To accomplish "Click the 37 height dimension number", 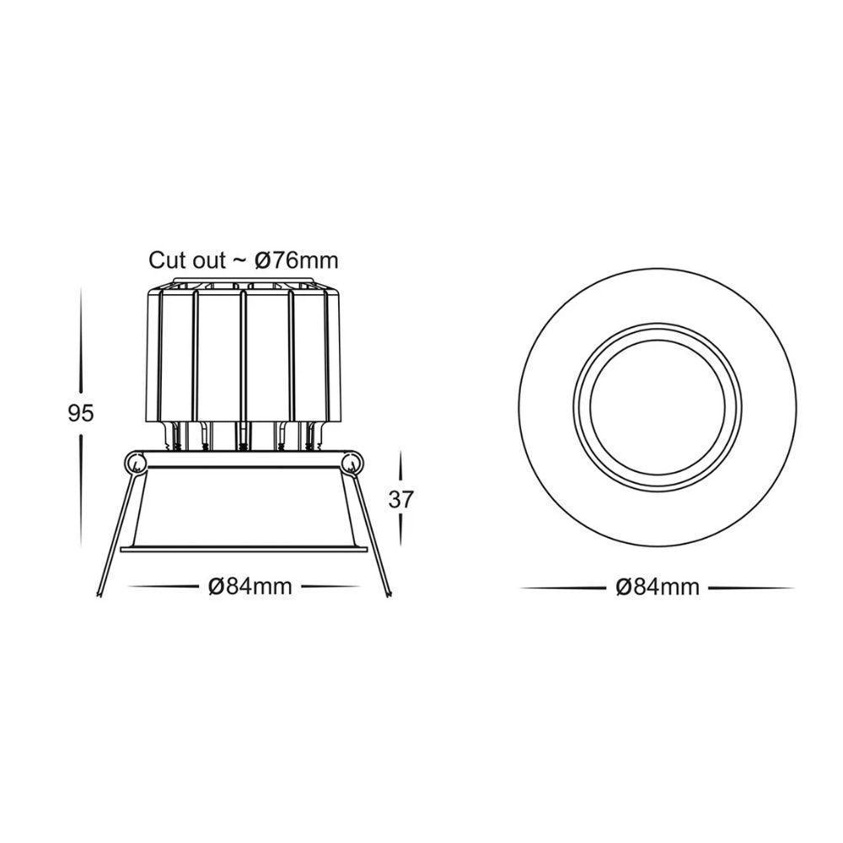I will (x=401, y=499).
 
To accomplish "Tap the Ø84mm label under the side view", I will (x=250, y=586).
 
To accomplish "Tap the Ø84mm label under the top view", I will (x=658, y=587).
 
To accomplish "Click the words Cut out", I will (x=187, y=260).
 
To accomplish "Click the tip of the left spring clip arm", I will (x=99, y=595).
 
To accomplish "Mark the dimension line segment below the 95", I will (x=82, y=489).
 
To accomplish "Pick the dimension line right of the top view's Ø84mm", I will (x=750, y=588).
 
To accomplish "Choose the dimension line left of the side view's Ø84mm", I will (x=164, y=586).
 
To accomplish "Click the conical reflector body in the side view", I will (x=244, y=506).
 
